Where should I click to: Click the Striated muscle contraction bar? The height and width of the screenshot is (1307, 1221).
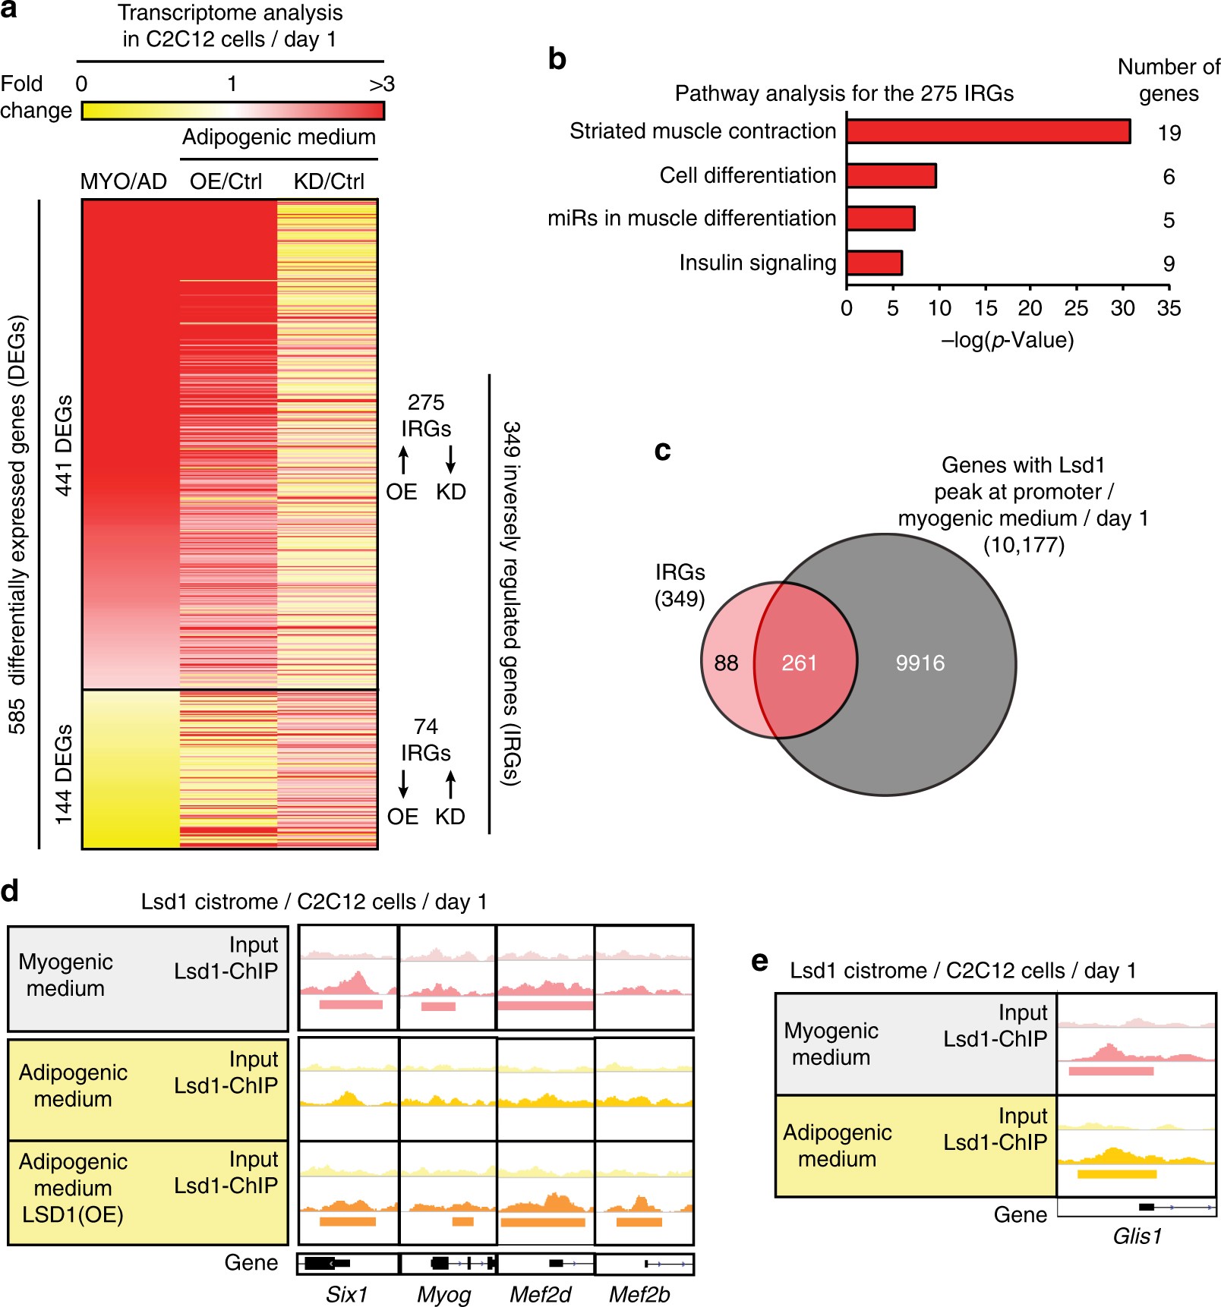point(988,131)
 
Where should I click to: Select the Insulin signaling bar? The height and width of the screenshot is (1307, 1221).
point(874,263)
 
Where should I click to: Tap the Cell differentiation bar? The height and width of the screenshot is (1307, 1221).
point(891,175)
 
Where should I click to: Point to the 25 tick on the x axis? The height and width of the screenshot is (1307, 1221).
point(1076,307)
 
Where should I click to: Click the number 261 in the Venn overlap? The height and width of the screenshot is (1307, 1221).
point(799,663)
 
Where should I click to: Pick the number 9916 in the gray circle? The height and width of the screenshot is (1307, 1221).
point(920,663)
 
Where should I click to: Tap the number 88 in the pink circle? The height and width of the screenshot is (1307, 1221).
point(726,663)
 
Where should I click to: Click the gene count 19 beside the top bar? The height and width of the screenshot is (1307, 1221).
point(1169,133)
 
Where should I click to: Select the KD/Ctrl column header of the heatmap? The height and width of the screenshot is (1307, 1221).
point(329,181)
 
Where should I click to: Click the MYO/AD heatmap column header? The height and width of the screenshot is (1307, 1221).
point(123,181)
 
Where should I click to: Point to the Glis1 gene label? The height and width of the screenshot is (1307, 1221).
point(1137,1236)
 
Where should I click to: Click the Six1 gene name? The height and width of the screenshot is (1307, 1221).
point(346,1294)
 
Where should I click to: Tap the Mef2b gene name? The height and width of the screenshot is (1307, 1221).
point(639,1294)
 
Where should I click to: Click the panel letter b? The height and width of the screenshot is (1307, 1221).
point(557,59)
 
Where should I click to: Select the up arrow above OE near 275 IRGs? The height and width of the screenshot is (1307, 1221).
point(403,460)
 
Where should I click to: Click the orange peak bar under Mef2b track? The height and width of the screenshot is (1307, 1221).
point(639,1221)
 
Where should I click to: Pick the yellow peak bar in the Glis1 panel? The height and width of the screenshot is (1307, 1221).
point(1116,1173)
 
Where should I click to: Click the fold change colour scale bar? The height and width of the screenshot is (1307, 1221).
point(232,111)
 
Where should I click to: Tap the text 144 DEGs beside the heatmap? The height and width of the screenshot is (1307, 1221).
point(64,774)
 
